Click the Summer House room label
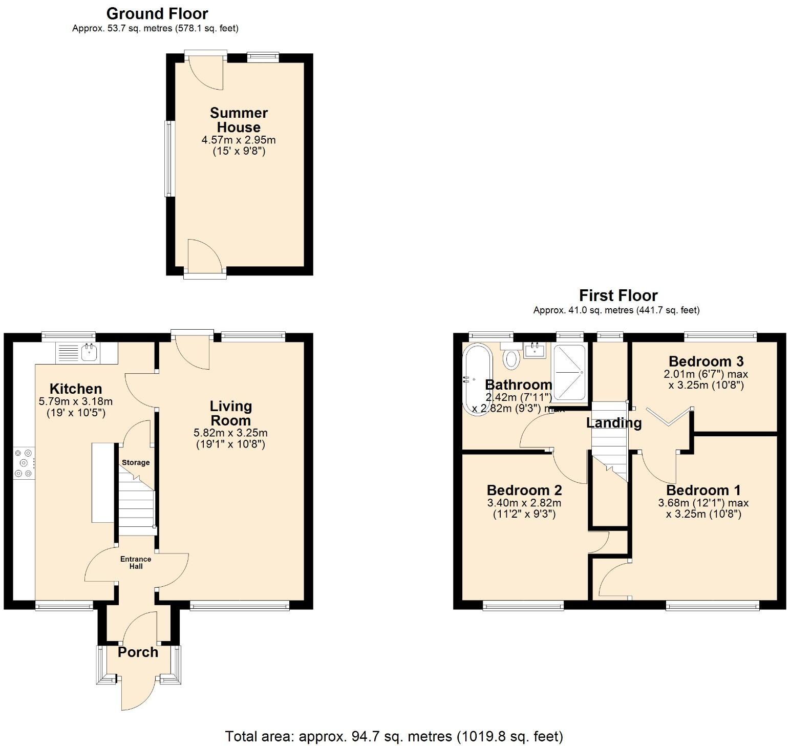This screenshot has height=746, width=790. tap(239, 120)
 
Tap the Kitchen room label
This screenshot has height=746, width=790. tap(75, 389)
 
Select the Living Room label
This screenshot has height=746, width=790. tap(230, 413)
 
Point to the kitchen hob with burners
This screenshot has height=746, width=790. tap(24, 463)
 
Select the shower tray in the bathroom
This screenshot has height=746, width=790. tap(569, 372)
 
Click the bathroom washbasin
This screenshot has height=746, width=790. tap(535, 351)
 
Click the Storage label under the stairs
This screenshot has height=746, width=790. tap(136, 462)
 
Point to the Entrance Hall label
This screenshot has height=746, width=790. tap(136, 562)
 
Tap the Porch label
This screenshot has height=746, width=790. tap(138, 652)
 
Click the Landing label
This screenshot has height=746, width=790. tap(613, 423)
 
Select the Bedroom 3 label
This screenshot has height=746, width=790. tap(706, 361)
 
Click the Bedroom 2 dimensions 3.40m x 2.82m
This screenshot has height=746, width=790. tap(524, 503)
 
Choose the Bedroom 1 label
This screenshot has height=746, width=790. tap(703, 490)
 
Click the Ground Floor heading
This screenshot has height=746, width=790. tap(157, 13)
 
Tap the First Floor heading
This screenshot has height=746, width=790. tap(618, 295)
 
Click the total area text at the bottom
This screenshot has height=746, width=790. tap(394, 736)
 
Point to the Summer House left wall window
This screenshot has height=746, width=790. tap(169, 158)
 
